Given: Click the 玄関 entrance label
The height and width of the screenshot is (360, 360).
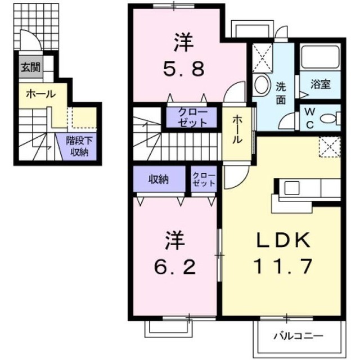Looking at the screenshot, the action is click(30, 67).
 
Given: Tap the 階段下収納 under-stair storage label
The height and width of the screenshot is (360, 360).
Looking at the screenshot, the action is click(79, 146).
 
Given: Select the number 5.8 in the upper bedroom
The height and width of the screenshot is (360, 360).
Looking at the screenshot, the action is click(184, 70).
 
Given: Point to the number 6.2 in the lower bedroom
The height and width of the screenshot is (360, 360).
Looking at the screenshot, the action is click(175, 268).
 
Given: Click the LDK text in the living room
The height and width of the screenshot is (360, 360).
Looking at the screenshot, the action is click(283, 240).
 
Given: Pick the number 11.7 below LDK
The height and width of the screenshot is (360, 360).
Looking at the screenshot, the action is click(282, 267).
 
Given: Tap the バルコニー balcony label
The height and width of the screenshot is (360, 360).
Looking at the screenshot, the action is click(299, 336).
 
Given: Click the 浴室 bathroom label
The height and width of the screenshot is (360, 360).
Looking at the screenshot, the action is click(321, 84).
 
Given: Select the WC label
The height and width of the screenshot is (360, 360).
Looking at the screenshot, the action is click(310, 118).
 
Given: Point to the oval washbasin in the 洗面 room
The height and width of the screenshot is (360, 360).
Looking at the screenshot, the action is click(262, 84).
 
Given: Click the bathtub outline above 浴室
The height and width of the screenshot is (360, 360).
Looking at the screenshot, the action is click(320, 57).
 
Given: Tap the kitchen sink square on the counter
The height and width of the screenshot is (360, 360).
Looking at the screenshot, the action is click(292, 188).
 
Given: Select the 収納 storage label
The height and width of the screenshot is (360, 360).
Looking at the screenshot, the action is click(159, 179).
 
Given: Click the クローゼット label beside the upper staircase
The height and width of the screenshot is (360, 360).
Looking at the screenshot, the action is click(192, 118).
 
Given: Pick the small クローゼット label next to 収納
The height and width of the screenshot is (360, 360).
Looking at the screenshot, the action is click(204, 179).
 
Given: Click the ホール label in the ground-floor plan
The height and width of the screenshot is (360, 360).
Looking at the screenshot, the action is click(40, 94).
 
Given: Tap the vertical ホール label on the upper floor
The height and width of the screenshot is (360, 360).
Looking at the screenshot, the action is click(237, 129).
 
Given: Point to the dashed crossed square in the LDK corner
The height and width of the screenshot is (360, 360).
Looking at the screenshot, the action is click(330, 147).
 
